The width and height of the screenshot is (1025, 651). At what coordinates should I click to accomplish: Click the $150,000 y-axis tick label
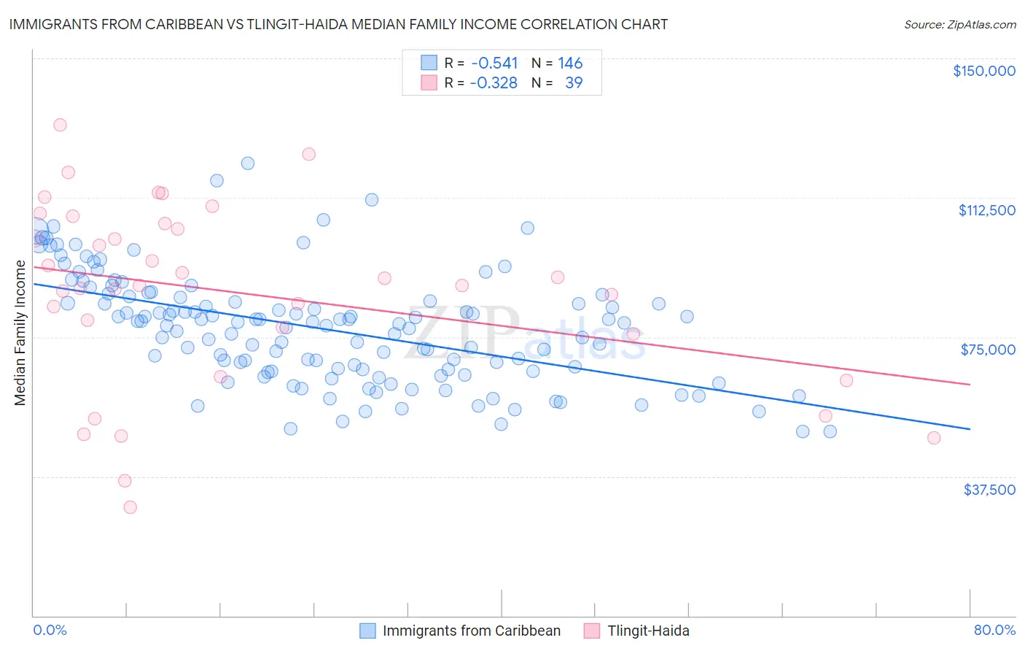(983, 71)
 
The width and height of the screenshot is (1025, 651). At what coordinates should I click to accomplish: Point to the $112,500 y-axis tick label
(986, 210)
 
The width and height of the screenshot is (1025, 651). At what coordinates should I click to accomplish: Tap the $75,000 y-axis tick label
(988, 350)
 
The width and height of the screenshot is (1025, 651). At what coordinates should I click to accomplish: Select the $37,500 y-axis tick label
(989, 490)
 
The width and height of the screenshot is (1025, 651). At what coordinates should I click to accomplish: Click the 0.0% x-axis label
(50, 631)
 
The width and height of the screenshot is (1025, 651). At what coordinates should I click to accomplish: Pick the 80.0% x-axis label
(994, 631)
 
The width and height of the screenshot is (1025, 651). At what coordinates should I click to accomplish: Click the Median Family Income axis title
(20, 333)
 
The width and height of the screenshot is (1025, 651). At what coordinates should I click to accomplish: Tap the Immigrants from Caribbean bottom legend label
(471, 631)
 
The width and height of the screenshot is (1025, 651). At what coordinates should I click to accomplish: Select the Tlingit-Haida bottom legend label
(648, 631)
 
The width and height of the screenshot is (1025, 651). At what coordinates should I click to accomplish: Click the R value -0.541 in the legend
(494, 63)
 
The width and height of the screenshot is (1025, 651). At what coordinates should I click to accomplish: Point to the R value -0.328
(494, 83)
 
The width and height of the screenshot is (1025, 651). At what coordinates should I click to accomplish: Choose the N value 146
(570, 63)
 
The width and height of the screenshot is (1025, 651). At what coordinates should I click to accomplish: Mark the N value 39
(574, 83)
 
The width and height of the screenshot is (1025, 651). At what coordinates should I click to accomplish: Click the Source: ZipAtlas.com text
(959, 25)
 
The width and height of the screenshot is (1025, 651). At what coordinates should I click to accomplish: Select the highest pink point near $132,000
(60, 125)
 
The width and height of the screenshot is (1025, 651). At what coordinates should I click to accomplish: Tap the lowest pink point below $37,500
(130, 507)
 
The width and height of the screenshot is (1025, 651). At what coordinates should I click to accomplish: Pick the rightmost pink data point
(934, 438)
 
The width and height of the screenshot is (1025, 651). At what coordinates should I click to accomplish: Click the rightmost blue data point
(830, 431)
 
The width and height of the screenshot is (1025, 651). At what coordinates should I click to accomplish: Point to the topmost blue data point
(248, 163)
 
